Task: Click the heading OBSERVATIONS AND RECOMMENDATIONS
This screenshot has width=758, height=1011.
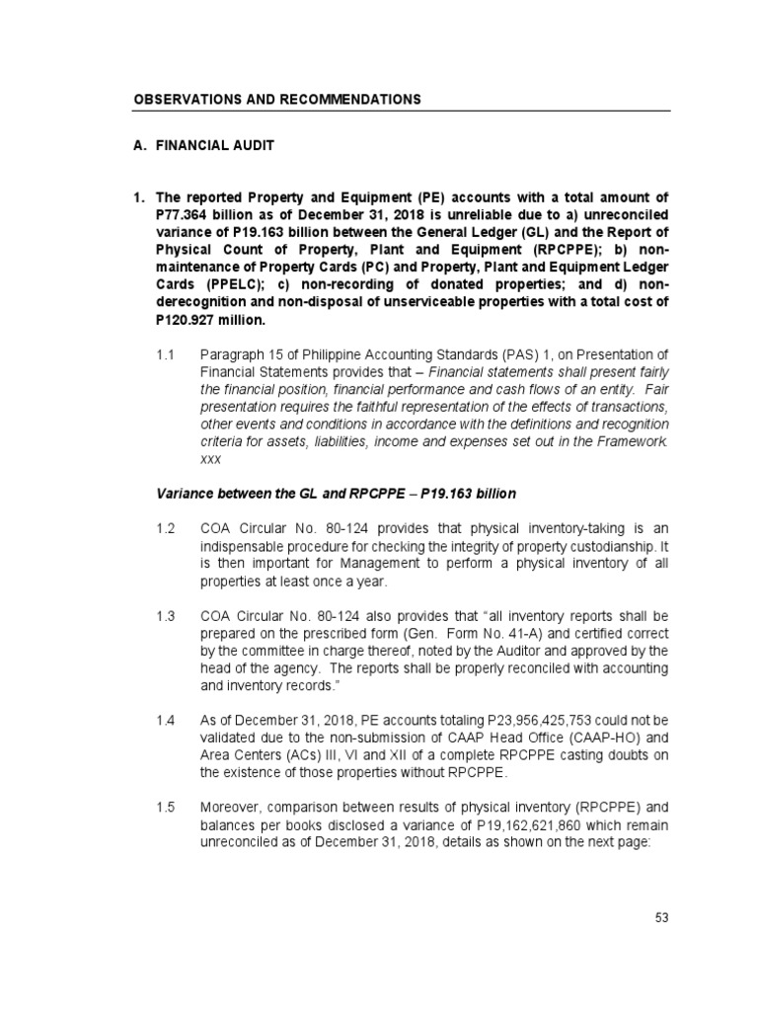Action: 277,100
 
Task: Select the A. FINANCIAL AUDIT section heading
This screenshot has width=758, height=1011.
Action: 203,145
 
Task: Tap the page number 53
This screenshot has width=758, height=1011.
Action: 662,917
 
